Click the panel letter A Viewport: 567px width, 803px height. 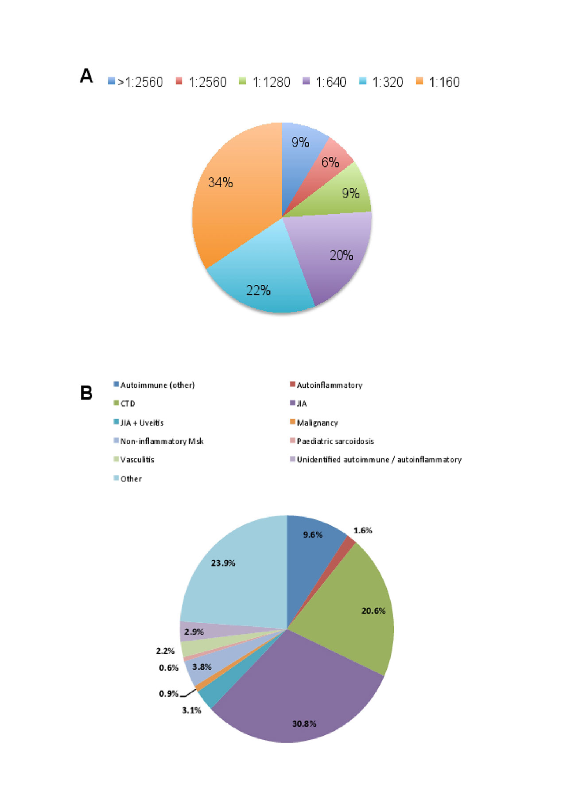[86, 76]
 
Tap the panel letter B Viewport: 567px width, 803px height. [86, 393]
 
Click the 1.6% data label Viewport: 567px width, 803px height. [363, 531]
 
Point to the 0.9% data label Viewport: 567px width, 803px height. [168, 694]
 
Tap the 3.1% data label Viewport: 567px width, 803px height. [191, 710]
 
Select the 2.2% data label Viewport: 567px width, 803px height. [165, 651]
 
